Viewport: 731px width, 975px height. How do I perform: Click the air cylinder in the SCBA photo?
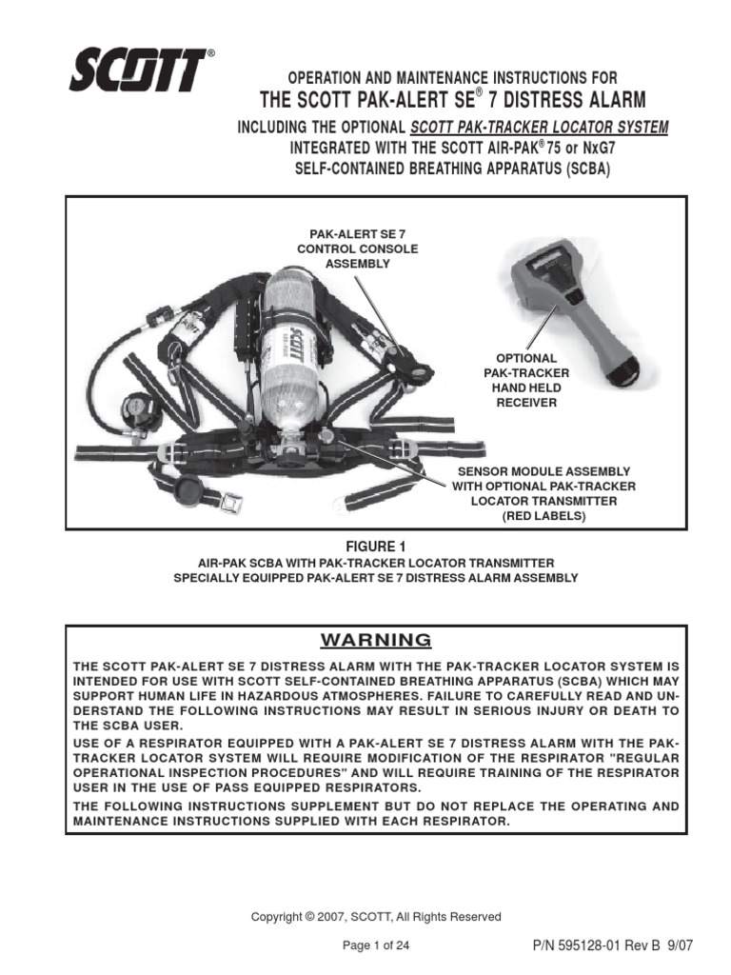coord(296,343)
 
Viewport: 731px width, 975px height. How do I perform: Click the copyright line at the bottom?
coord(375,916)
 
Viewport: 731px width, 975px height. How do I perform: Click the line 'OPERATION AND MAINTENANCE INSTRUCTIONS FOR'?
coord(439,77)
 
